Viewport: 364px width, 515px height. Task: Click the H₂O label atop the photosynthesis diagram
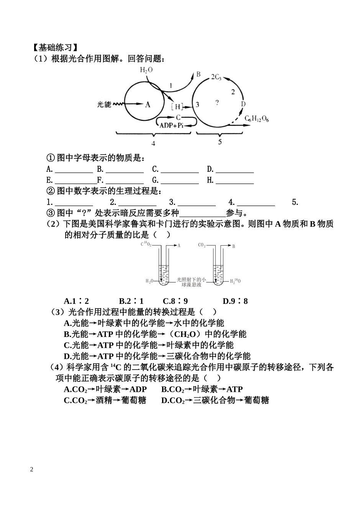pyautogui.click(x=146, y=70)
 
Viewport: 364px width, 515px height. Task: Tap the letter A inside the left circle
pyautogui.click(x=148, y=104)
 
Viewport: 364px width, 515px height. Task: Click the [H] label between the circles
pyautogui.click(x=177, y=107)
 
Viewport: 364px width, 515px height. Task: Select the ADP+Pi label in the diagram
pyautogui.click(x=172, y=125)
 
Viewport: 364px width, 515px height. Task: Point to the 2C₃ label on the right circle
pyautogui.click(x=216, y=77)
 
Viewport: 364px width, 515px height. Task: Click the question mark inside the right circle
pyautogui.click(x=217, y=103)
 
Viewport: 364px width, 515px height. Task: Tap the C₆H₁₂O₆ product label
pyautogui.click(x=257, y=119)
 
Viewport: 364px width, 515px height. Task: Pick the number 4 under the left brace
pyautogui.click(x=153, y=144)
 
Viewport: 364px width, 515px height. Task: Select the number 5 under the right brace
pyautogui.click(x=220, y=142)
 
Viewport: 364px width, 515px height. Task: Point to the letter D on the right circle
pyautogui.click(x=243, y=104)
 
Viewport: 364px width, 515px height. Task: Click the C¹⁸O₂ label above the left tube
pyautogui.click(x=146, y=244)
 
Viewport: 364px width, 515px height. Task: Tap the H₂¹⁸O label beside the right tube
pyautogui.click(x=235, y=281)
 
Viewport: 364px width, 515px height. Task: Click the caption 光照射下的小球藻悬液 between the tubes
pyautogui.click(x=191, y=282)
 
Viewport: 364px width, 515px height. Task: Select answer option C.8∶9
pyautogui.click(x=175, y=301)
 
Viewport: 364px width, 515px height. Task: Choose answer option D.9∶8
pyautogui.click(x=235, y=301)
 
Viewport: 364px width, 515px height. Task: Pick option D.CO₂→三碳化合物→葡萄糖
pyautogui.click(x=215, y=401)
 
